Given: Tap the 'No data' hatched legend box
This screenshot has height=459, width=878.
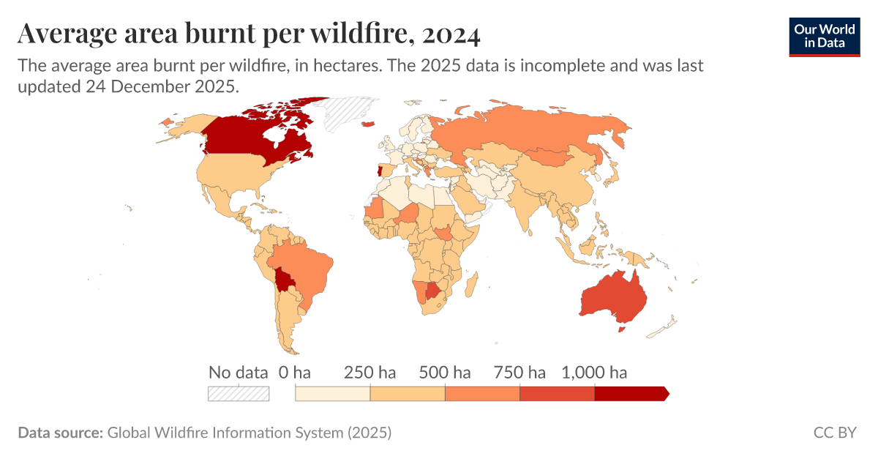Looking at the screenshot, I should point(239,393).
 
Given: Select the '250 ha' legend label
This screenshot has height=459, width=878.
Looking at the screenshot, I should point(369,372).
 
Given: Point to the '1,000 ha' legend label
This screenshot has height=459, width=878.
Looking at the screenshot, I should point(594,372).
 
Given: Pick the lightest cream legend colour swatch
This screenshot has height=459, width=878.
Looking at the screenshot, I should point(332,393).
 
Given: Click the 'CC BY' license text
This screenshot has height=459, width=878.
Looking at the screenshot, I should point(834,433).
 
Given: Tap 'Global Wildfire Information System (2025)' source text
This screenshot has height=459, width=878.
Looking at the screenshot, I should point(249,433).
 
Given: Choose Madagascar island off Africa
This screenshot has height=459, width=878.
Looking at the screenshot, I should point(472,282).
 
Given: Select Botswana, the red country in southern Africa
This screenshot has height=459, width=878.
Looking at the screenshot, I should point(434,291).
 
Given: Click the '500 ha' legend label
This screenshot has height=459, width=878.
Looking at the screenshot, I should point(444,372).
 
